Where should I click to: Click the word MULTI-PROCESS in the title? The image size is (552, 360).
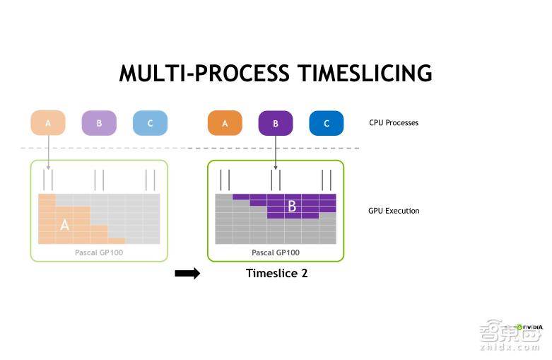click(204, 74)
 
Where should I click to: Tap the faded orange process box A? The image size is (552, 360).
click(48, 123)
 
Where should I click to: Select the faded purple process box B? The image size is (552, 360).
click(99, 123)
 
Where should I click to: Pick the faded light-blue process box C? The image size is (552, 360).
click(150, 123)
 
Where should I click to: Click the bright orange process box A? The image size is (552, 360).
click(225, 123)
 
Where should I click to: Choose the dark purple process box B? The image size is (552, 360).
click(276, 123)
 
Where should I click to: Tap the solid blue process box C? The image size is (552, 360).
click(327, 123)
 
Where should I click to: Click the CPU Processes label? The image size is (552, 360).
click(394, 123)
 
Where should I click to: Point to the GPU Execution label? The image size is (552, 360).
click(394, 211)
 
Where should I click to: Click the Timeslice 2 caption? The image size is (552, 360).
click(276, 273)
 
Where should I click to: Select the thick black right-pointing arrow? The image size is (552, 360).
click(187, 274)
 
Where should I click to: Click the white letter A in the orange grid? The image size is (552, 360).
click(65, 225)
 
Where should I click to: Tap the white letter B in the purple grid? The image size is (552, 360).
click(291, 207)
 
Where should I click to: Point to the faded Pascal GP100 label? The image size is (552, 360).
click(99, 252)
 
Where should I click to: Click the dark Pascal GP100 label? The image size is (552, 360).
click(276, 252)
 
